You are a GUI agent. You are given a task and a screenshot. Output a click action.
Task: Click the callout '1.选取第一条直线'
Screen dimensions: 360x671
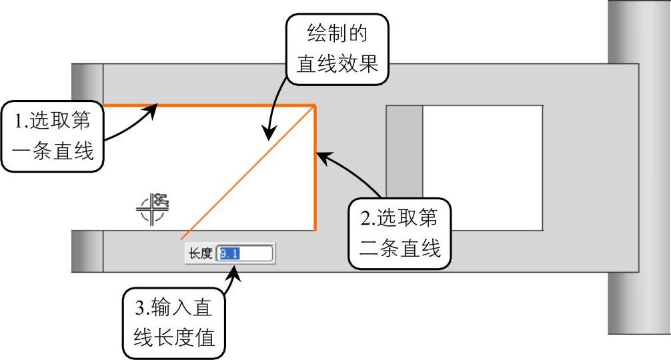click(54, 135)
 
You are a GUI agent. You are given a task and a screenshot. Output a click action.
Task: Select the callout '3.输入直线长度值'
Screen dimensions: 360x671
click(175, 323)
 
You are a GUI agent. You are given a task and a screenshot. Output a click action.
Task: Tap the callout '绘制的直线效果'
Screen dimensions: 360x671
click(337, 49)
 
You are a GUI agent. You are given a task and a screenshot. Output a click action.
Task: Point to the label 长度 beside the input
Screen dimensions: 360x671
click(200, 253)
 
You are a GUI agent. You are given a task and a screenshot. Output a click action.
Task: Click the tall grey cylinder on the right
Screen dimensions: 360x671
click(639, 167)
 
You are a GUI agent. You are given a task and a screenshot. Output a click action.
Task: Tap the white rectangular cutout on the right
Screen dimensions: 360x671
click(482, 166)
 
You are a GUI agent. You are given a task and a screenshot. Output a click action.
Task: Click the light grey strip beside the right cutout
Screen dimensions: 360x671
click(404, 166)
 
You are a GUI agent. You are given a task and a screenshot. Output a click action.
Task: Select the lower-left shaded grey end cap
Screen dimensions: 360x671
click(87, 251)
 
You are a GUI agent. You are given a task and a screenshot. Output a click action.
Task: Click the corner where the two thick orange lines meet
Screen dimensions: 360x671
click(315, 105)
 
